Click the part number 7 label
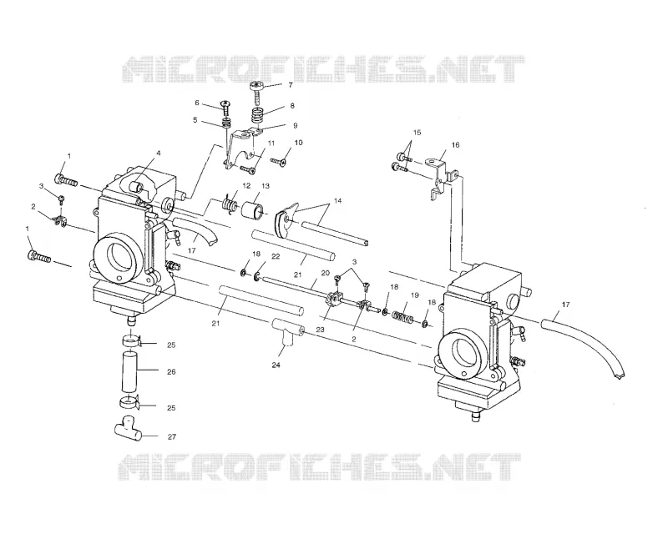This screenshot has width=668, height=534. pyautogui.click(x=290, y=85)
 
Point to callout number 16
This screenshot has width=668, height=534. pyautogui.click(x=455, y=145)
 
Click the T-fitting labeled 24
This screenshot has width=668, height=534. pyautogui.click(x=286, y=332)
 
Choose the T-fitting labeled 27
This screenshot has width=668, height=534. pyautogui.click(x=128, y=430)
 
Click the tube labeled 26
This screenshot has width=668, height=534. pyautogui.click(x=131, y=372)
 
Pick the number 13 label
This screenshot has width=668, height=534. pyautogui.click(x=266, y=186)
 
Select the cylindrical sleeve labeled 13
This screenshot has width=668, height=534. pyautogui.click(x=253, y=211)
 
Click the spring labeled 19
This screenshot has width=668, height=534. pyautogui.click(x=403, y=317)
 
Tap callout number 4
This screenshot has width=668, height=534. pyautogui.click(x=158, y=153)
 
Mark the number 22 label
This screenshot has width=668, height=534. pyautogui.click(x=276, y=256)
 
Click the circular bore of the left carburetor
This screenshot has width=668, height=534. pyautogui.click(x=118, y=259)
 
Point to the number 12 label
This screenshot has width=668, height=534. pyautogui.click(x=246, y=186)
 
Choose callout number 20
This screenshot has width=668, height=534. pyautogui.click(x=326, y=273)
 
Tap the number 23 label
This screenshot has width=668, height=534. pyautogui.click(x=320, y=329)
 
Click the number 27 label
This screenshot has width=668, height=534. pyautogui.click(x=172, y=436)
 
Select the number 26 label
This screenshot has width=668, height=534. pyautogui.click(x=171, y=372)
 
